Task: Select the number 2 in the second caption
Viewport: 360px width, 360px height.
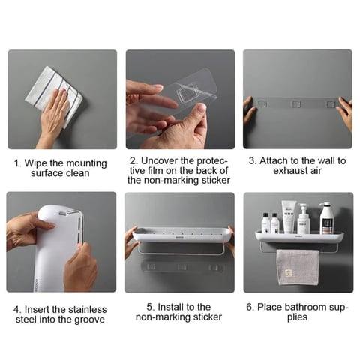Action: pos(132,160)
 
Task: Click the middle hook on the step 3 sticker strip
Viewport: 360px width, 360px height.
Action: pos(297,103)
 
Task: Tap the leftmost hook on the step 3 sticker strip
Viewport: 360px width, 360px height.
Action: pos(262,103)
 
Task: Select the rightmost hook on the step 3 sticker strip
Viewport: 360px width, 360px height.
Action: pos(331,103)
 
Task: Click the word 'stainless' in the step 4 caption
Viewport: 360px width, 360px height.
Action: pos(83,309)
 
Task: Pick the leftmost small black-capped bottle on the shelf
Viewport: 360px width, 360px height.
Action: pos(265,223)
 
